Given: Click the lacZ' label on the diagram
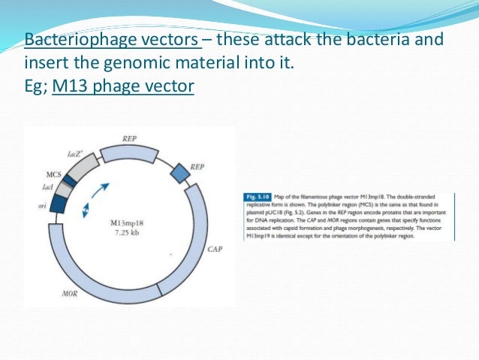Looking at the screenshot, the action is click(x=74, y=153).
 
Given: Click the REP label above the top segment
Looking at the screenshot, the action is click(x=130, y=138).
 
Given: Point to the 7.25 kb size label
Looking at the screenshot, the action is click(x=126, y=234).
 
